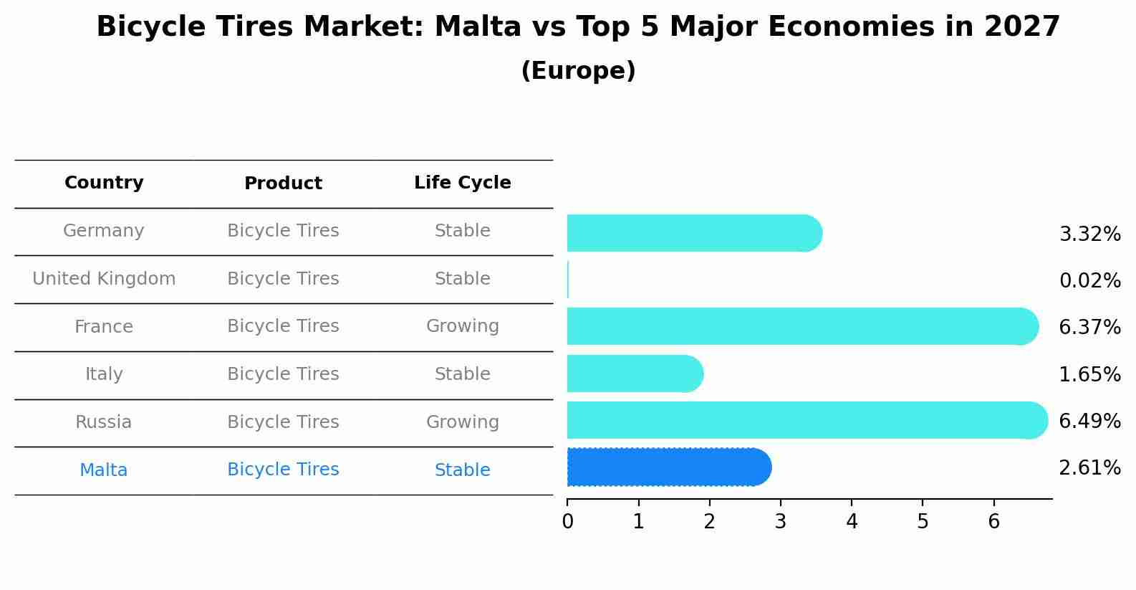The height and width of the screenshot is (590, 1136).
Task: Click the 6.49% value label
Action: pyautogui.click(x=1089, y=421)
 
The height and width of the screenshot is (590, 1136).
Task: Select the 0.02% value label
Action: pyautogui.click(x=1089, y=280)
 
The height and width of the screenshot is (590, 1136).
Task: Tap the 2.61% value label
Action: pyautogui.click(x=1089, y=468)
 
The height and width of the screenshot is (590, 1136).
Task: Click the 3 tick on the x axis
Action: pyautogui.click(x=781, y=521)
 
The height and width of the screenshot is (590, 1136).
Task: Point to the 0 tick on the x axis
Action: pyautogui.click(x=567, y=521)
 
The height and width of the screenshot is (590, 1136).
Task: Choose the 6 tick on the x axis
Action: pyautogui.click(x=993, y=521)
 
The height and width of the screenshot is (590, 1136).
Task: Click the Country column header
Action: pyautogui.click(x=104, y=183)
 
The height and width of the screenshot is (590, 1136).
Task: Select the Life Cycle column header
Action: pyautogui.click(x=462, y=183)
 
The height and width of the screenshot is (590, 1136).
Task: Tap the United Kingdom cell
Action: pyautogui.click(x=104, y=279)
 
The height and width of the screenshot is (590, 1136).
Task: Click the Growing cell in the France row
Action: pyautogui.click(x=462, y=326)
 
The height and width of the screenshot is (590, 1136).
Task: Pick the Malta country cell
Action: pyautogui.click(x=104, y=470)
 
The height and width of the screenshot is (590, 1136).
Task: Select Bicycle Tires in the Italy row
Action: pyautogui.click(x=283, y=374)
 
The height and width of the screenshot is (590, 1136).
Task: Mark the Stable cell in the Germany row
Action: pyautogui.click(x=462, y=231)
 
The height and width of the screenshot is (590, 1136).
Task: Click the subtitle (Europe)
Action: pyautogui.click(x=578, y=71)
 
